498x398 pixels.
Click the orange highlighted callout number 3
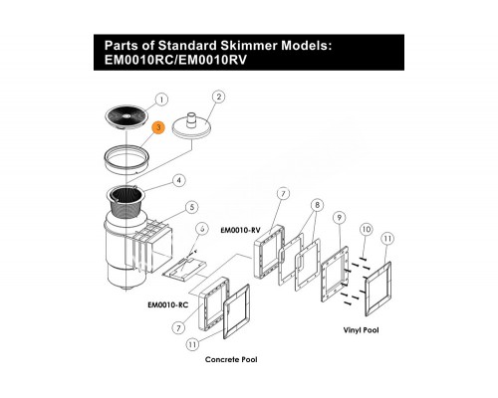[x=158, y=127]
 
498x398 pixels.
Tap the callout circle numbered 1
[x=161, y=99]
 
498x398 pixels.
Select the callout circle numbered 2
[x=218, y=97]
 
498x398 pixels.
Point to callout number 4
[x=179, y=181]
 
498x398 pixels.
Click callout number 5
[x=191, y=208]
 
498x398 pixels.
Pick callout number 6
[x=202, y=229]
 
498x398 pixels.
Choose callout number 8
[x=317, y=205]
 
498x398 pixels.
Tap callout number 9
[x=340, y=218]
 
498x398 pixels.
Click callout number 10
[x=367, y=229]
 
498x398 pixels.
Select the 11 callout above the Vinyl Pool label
[x=387, y=239]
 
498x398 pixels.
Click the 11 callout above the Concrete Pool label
[x=192, y=344]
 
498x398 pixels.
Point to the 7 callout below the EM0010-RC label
[x=178, y=328]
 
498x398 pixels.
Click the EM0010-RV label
[x=241, y=230]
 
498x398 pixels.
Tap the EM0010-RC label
[x=168, y=304]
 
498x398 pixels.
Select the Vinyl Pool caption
[x=361, y=330]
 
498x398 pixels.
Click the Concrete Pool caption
[x=231, y=359]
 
